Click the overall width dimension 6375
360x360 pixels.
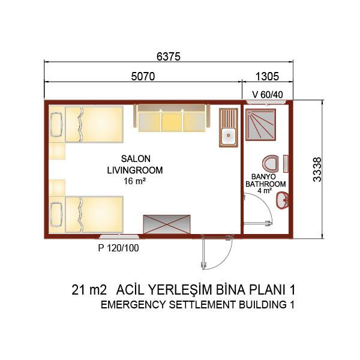tap(169, 56)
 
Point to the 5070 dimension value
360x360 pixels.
tap(143, 76)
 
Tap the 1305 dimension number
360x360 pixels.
tap(267, 76)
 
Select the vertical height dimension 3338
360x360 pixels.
tap(317, 169)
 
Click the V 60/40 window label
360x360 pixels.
tap(268, 95)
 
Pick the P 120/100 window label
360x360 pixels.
tap(118, 248)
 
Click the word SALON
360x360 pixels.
tap(136, 158)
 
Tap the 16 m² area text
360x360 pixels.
tap(135, 181)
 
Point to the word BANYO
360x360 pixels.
tap(263, 176)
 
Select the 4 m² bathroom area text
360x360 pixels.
tap(265, 191)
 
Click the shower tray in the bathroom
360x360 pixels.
tap(260, 125)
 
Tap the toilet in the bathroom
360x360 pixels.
tap(271, 163)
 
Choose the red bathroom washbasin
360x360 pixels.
tap(282, 200)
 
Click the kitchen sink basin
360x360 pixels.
tap(229, 135)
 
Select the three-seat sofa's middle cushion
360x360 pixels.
tap(172, 122)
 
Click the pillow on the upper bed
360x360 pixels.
tap(56, 124)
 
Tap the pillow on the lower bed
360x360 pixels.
tap(56, 214)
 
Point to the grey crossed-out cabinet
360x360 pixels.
tap(167, 224)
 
